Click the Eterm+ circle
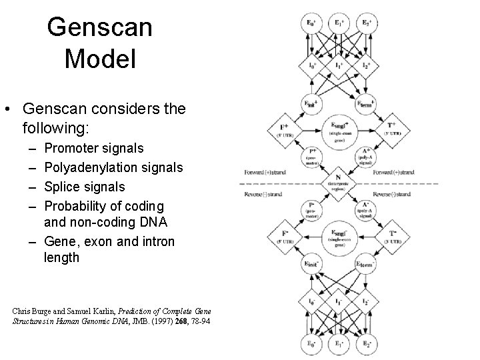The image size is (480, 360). point(365,105)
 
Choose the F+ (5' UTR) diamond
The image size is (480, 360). point(285,130)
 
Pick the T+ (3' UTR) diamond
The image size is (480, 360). point(391,130)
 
